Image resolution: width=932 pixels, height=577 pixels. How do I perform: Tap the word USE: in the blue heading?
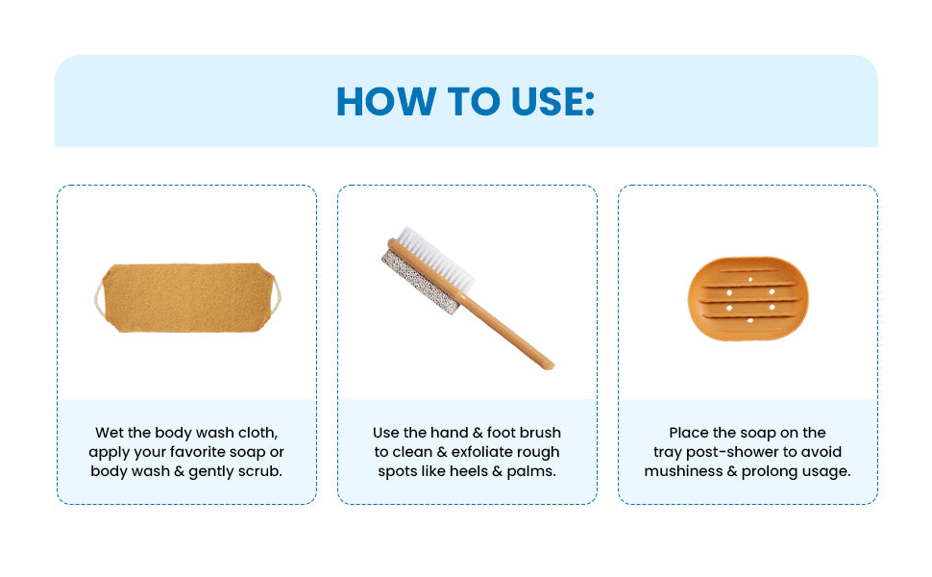point(545,101)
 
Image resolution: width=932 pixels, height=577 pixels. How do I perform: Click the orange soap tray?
point(748,298)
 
